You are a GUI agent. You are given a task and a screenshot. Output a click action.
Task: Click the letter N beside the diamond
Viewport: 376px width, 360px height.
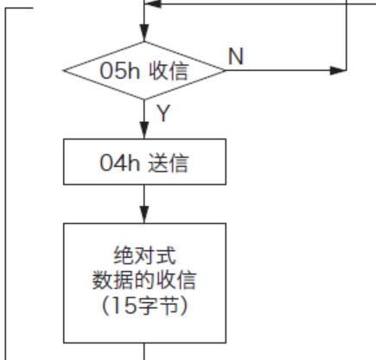(236, 56)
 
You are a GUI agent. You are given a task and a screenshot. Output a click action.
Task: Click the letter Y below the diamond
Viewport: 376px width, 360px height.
(163, 113)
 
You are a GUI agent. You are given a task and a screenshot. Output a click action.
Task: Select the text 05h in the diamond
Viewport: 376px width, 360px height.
(119, 71)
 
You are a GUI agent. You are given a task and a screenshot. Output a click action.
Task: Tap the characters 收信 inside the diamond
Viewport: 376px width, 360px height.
(169, 71)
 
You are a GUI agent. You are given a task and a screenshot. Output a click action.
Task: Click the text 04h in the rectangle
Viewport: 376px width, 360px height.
(119, 163)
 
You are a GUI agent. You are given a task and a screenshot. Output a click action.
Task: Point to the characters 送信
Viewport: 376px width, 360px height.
(169, 163)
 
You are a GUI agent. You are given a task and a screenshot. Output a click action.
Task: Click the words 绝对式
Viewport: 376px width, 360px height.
(144, 255)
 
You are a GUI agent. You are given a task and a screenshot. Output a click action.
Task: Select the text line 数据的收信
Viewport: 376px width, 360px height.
(144, 280)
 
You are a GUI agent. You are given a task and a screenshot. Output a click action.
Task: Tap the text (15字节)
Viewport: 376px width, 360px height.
(144, 305)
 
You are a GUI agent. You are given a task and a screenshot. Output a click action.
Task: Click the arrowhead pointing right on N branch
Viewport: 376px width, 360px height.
(338, 70)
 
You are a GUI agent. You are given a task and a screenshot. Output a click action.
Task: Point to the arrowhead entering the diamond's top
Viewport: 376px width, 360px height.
(144, 33)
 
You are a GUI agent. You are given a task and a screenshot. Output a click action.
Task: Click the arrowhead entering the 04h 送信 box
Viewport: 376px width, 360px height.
(144, 131)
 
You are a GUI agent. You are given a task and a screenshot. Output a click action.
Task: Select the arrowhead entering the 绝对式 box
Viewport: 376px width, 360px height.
(144, 215)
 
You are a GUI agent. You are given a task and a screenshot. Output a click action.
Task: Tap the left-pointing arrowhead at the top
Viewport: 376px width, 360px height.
(153, 3)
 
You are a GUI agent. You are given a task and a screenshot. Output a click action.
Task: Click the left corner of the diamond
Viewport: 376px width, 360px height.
(63, 70)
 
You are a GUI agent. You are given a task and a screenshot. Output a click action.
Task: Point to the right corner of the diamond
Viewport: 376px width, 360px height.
(226, 70)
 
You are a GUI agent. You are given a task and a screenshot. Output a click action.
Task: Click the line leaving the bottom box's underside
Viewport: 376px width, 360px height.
(144, 351)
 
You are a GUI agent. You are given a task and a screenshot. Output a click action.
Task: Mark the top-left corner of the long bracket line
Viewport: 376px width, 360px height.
(5, 9)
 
